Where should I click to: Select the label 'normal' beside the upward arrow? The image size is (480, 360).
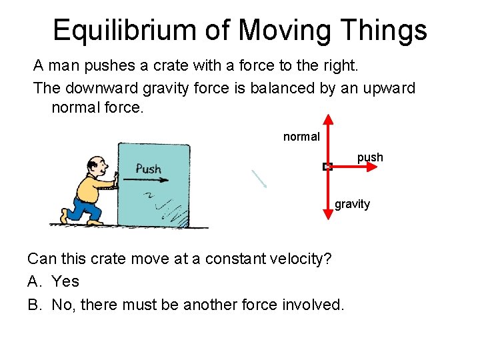301,137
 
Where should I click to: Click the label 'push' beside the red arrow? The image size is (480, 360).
370,157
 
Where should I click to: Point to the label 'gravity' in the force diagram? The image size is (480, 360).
352,204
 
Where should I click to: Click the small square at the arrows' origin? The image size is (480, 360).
327,167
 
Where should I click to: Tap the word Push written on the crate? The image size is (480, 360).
148,169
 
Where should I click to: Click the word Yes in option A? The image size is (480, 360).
65,281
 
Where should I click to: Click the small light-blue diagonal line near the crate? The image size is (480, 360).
259,178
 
